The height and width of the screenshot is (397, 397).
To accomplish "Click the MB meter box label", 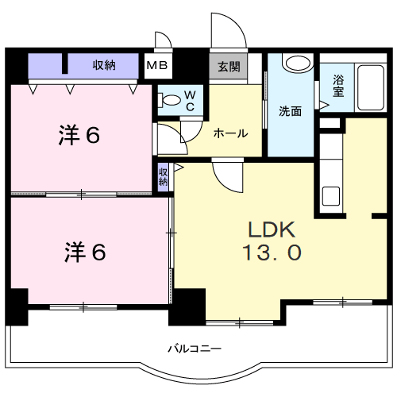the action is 157,65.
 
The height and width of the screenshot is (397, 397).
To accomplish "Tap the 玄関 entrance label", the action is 229,67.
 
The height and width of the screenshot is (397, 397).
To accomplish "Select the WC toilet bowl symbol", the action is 170,100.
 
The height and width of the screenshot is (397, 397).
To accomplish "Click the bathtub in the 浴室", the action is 371,87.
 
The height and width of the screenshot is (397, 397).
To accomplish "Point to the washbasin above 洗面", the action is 298,63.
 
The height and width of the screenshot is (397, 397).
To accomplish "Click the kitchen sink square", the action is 331,196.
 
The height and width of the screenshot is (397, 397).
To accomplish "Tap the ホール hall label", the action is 231,133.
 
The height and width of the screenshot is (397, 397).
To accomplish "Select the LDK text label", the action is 272,229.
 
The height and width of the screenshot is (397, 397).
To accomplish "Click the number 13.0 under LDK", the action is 272,252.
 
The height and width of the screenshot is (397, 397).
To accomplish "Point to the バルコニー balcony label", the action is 195,349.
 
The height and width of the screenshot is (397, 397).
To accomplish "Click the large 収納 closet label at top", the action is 104,65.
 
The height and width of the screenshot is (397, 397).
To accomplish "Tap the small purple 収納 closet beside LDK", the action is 164,176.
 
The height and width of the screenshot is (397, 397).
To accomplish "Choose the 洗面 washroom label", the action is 291,111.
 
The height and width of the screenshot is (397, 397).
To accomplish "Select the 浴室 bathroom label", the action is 338,86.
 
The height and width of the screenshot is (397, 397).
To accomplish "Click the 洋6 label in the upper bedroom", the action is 79,135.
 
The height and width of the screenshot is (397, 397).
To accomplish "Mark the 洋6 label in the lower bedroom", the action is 85,252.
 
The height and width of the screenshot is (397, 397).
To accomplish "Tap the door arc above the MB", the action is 168,37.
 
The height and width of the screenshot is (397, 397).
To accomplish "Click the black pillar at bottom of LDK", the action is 187,307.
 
